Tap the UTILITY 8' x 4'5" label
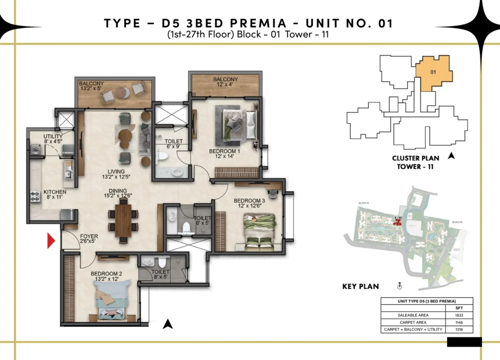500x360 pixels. pyautogui.click(x=53, y=139)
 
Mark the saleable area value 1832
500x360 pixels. pyautogui.click(x=459, y=315)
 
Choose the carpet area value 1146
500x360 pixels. pyautogui.click(x=459, y=322)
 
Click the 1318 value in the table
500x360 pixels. pyautogui.click(x=459, y=330)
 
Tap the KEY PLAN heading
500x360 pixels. pyautogui.click(x=360, y=286)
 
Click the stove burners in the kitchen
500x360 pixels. pyautogui.click(x=35, y=196)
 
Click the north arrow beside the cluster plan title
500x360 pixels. pyautogui.click(x=451, y=156)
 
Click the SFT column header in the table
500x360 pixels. pyautogui.click(x=459, y=308)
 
